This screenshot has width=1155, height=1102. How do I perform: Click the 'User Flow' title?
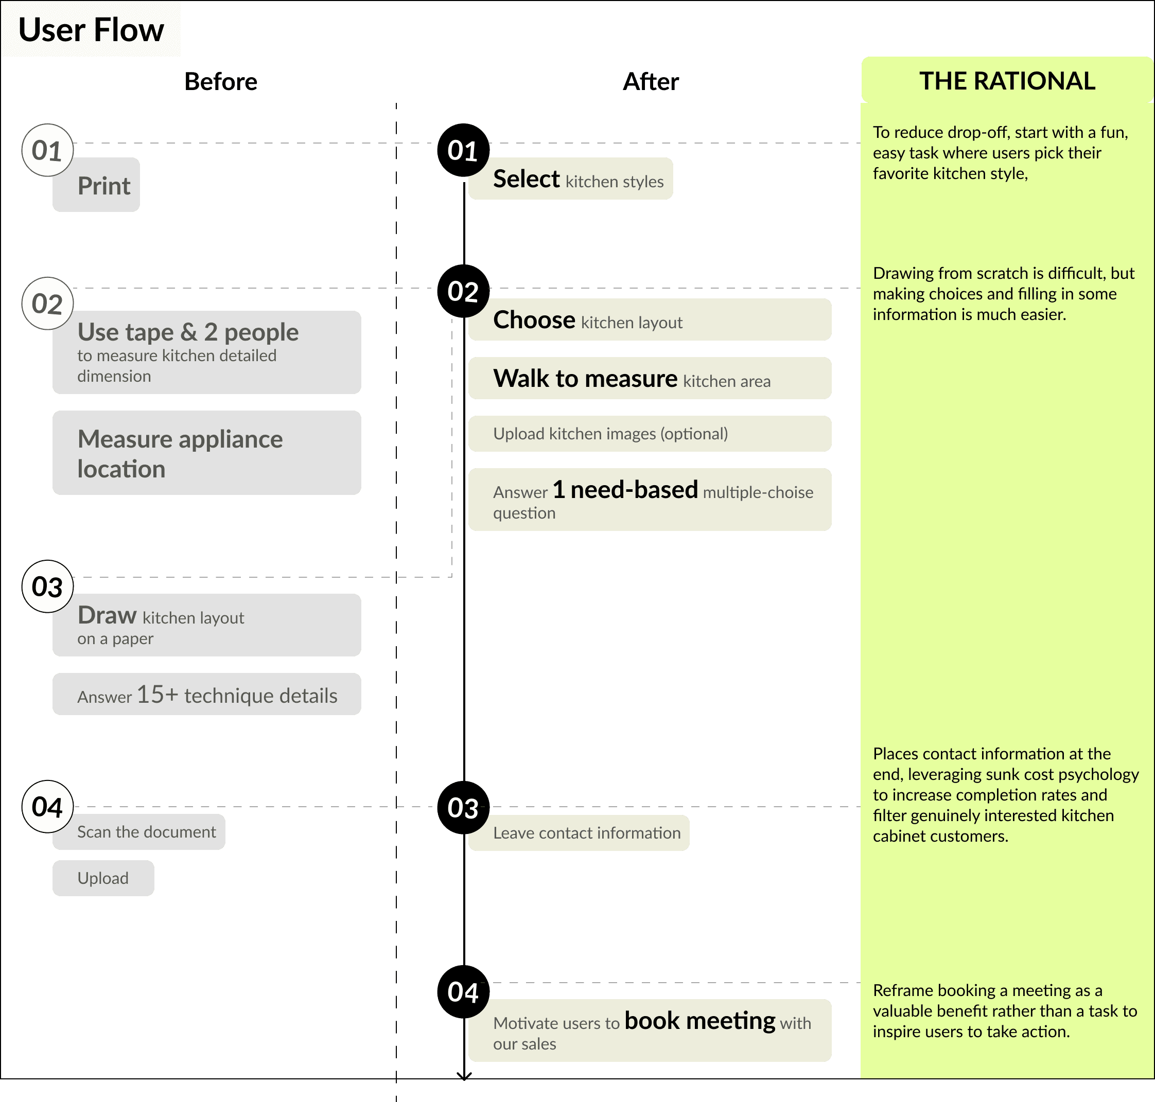click(x=91, y=30)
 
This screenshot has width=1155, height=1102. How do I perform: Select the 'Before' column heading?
click(x=220, y=82)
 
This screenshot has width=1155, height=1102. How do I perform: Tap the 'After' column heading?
click(x=651, y=82)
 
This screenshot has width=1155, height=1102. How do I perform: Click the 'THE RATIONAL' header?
click(x=1007, y=80)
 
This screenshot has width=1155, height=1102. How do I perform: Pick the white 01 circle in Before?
click(x=48, y=150)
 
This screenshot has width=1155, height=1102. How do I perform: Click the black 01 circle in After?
click(x=464, y=150)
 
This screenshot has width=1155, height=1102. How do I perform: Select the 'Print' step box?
click(x=96, y=185)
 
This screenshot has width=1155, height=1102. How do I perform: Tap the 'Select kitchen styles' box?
click(x=571, y=179)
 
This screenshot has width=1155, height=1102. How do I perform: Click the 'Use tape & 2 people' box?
click(x=207, y=352)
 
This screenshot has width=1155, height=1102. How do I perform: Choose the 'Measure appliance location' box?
click(x=207, y=452)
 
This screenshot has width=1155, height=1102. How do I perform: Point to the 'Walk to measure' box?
click(x=650, y=378)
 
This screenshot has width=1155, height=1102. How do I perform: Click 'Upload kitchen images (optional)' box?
click(x=650, y=434)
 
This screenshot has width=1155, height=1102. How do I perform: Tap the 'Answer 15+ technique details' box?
click(x=207, y=694)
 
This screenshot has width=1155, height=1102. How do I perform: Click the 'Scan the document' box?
click(x=139, y=832)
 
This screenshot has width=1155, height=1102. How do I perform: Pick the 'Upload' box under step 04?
click(x=103, y=878)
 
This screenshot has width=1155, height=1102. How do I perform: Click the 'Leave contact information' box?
click(x=579, y=833)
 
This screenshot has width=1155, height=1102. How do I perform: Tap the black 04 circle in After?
click(x=464, y=991)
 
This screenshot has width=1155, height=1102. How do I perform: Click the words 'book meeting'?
click(x=699, y=1021)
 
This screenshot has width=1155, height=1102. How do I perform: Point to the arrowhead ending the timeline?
click(x=464, y=1076)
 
